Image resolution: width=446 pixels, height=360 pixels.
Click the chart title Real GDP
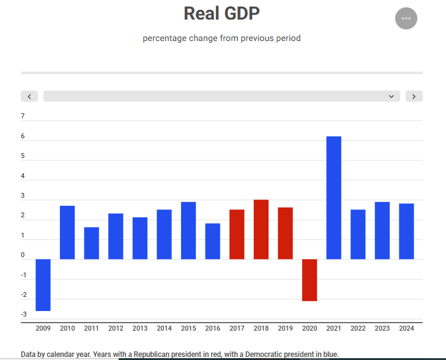[221, 13]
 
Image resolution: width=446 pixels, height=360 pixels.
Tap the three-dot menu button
[406, 18]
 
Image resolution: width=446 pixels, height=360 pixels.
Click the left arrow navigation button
[29, 96]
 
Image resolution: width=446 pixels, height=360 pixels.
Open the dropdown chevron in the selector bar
[391, 96]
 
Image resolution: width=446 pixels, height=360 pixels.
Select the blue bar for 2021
[333, 197]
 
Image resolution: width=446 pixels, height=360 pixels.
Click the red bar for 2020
[309, 280]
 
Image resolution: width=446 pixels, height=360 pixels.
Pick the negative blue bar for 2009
[43, 285]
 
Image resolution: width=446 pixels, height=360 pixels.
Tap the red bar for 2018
[261, 229]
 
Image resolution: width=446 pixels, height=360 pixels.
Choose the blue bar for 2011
[91, 243]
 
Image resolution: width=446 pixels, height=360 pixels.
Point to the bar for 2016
[212, 241]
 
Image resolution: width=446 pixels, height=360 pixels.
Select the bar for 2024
[406, 231]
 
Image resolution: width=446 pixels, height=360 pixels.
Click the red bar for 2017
[237, 234]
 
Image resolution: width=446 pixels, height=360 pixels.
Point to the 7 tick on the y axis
[23, 116]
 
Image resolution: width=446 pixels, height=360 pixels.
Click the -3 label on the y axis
[23, 315]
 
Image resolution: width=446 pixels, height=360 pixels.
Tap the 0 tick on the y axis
[23, 255]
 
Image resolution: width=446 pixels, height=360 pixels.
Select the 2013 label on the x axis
[139, 329]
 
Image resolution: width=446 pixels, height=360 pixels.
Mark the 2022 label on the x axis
[358, 329]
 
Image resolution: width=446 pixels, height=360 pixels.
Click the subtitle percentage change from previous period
[221, 39]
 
